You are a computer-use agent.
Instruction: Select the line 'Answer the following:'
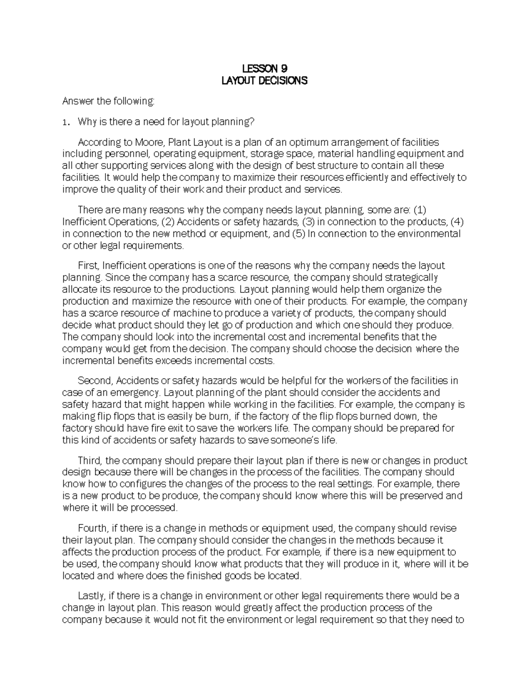pyautogui.click(x=109, y=101)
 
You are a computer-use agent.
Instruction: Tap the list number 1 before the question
pyautogui.click(x=66, y=122)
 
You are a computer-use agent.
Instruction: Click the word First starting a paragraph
pyautogui.click(x=87, y=266)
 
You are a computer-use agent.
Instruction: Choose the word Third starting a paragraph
pyautogui.click(x=89, y=461)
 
